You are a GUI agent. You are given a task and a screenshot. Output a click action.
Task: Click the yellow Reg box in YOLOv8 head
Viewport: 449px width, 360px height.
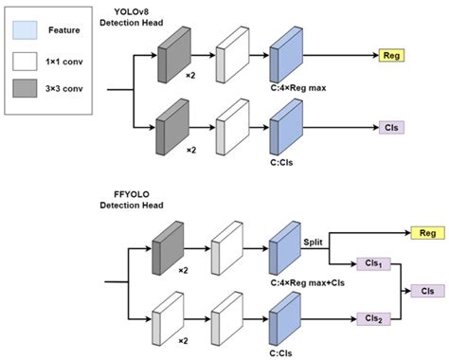390,56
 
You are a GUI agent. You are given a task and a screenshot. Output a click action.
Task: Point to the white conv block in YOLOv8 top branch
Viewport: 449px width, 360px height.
232,56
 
